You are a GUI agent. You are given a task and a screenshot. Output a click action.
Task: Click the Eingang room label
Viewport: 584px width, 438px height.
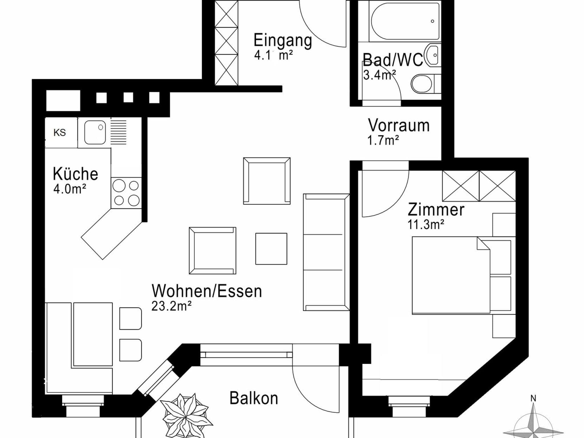pos(283,40)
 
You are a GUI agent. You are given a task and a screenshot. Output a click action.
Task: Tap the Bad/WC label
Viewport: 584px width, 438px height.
pos(393,60)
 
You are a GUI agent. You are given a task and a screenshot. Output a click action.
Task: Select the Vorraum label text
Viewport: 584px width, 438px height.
pos(399,125)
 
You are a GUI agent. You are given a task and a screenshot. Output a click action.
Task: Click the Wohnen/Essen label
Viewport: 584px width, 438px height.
pos(207,291)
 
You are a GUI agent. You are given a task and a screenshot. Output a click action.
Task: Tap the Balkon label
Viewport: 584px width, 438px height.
pos(254,398)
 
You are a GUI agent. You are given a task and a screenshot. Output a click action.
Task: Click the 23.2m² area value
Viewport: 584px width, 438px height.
pos(171,306)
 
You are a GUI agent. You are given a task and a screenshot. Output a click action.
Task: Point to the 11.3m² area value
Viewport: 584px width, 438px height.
pos(426,224)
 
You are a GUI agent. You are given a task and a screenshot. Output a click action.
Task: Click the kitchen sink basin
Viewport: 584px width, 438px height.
pos(95,132)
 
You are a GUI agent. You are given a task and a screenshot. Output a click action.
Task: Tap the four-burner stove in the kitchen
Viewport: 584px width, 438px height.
pos(126,193)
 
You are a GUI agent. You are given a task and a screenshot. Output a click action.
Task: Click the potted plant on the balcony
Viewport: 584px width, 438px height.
pos(186,416)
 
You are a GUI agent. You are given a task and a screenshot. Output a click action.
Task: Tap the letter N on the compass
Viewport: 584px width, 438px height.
pos(533,398)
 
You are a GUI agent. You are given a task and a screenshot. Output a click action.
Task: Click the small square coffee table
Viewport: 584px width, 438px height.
pos(271,249)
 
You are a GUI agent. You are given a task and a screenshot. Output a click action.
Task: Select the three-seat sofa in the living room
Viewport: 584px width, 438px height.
pos(326,252)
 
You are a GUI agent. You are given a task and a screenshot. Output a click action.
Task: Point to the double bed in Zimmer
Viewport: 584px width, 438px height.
pos(461,275)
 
